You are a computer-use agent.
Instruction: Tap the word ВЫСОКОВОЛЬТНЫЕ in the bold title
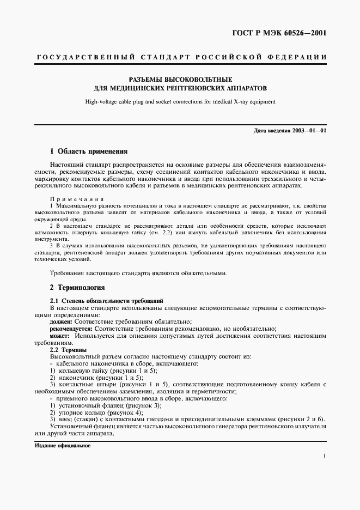click(197, 78)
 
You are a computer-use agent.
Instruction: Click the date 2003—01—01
click(309, 131)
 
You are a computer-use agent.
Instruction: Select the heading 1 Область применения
click(88, 151)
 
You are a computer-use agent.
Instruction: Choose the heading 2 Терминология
click(77, 287)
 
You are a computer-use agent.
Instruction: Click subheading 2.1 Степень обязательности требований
click(106, 301)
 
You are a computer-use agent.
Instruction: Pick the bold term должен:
click(61, 322)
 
